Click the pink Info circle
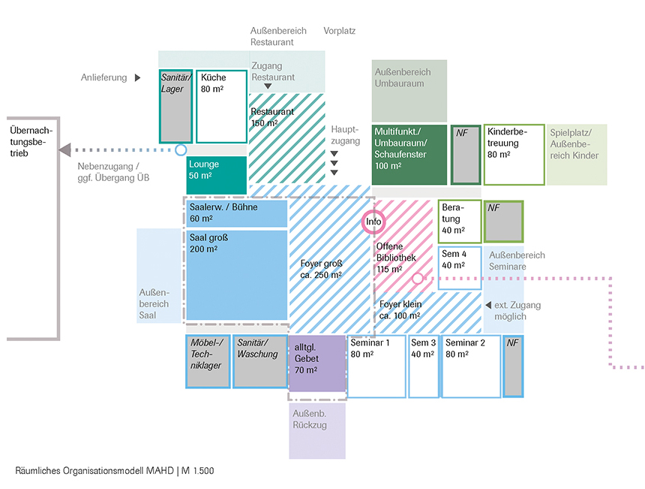[373, 222]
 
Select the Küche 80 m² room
[221, 106]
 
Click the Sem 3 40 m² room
[423, 367]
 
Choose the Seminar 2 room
[471, 367]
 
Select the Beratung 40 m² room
[459, 222]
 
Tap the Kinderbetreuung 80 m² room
[514, 155]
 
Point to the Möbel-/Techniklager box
[208, 361]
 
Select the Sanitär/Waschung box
[259, 361]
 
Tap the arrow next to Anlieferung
[137, 77]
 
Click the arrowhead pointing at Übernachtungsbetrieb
[65, 149]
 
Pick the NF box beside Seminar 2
[513, 367]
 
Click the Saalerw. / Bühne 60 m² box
[237, 213]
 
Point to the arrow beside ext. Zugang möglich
[488, 305]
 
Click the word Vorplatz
[339, 31]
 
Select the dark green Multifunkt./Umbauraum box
[409, 155]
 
